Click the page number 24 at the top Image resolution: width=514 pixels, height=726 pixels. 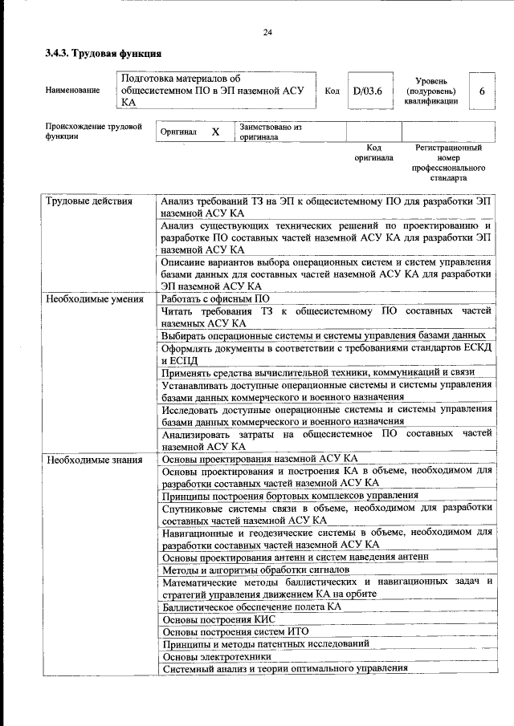point(267,32)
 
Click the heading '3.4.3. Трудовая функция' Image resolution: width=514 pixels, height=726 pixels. point(104,54)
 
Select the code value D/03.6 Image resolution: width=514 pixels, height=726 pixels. point(367,91)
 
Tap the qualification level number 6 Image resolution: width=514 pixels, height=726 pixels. point(482,91)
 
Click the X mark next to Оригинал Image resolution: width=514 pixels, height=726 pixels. point(214,132)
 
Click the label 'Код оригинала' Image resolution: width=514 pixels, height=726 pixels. point(373,152)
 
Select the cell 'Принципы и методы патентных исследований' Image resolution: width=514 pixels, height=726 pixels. point(266,643)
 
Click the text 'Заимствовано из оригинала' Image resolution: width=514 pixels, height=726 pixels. point(269,132)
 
